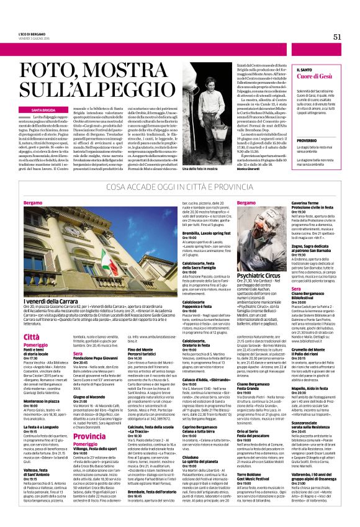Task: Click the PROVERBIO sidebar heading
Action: coord(307,140)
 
